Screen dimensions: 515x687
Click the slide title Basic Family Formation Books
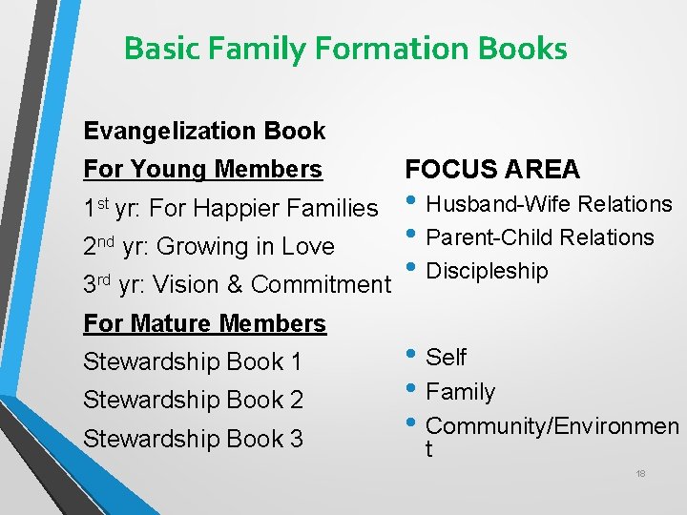point(345,48)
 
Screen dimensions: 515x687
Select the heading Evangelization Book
point(204,131)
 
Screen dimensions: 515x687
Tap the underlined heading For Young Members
point(202,170)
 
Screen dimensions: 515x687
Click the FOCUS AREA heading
point(492,170)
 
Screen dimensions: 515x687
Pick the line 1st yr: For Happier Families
point(230,208)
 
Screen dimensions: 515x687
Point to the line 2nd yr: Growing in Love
point(209,246)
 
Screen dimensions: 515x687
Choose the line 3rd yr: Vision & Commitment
point(237,284)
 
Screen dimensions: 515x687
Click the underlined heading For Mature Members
point(204,323)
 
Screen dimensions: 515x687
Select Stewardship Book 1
point(193,362)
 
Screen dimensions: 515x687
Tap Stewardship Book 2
point(193,401)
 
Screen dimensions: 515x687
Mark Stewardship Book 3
point(193,439)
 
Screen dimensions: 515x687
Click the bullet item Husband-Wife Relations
point(549,204)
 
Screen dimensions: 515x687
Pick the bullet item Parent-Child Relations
point(539,237)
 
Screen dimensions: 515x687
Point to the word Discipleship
point(487,271)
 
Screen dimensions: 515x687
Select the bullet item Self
point(446,358)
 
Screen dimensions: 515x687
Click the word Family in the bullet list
point(460,392)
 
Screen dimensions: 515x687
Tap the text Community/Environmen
point(552,426)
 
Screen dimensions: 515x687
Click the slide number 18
point(640,474)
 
